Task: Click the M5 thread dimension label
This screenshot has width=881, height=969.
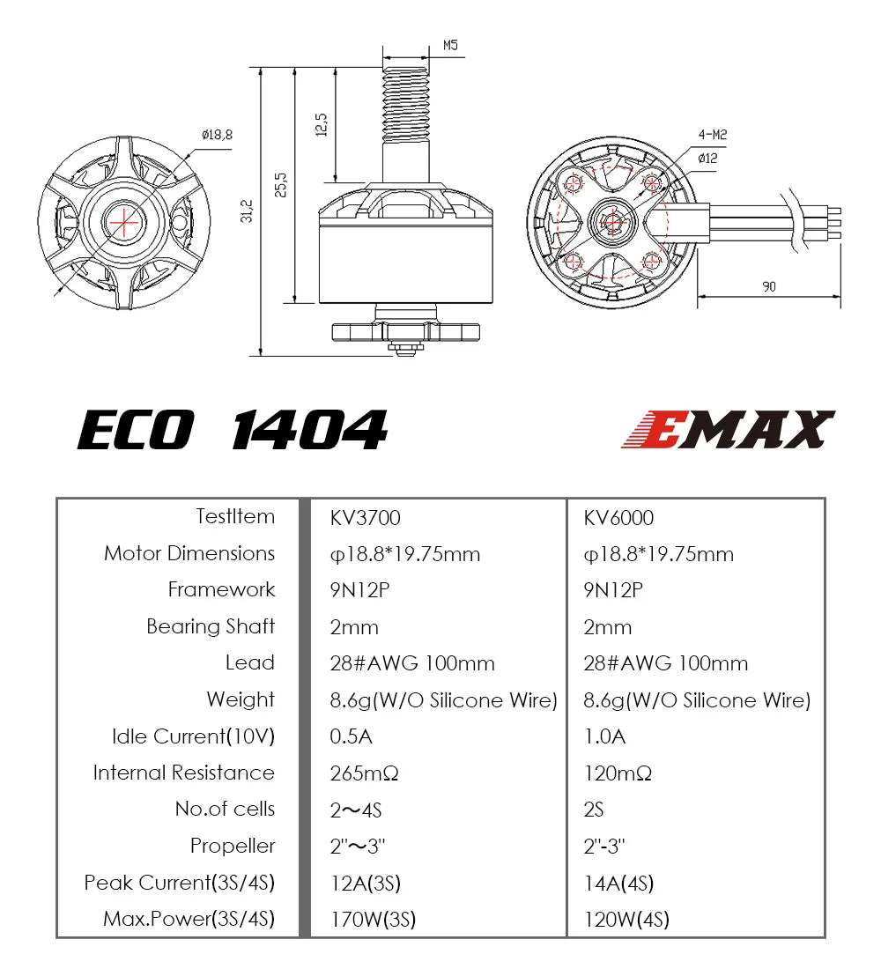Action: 450,45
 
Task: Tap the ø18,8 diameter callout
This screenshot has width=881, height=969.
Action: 217,135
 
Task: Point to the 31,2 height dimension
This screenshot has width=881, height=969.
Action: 248,211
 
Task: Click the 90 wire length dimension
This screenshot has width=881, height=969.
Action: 769,286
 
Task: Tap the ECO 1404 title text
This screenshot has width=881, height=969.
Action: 233,431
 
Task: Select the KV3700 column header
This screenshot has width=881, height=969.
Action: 366,518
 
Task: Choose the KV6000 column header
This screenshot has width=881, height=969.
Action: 618,518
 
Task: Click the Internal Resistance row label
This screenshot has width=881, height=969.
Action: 184,773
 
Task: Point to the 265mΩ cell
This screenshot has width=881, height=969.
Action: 365,774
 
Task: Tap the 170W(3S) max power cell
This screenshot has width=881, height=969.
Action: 373,921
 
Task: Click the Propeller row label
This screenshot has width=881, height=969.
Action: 233,847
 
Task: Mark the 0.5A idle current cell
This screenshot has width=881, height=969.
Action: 352,737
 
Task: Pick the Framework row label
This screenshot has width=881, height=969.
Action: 221,590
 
